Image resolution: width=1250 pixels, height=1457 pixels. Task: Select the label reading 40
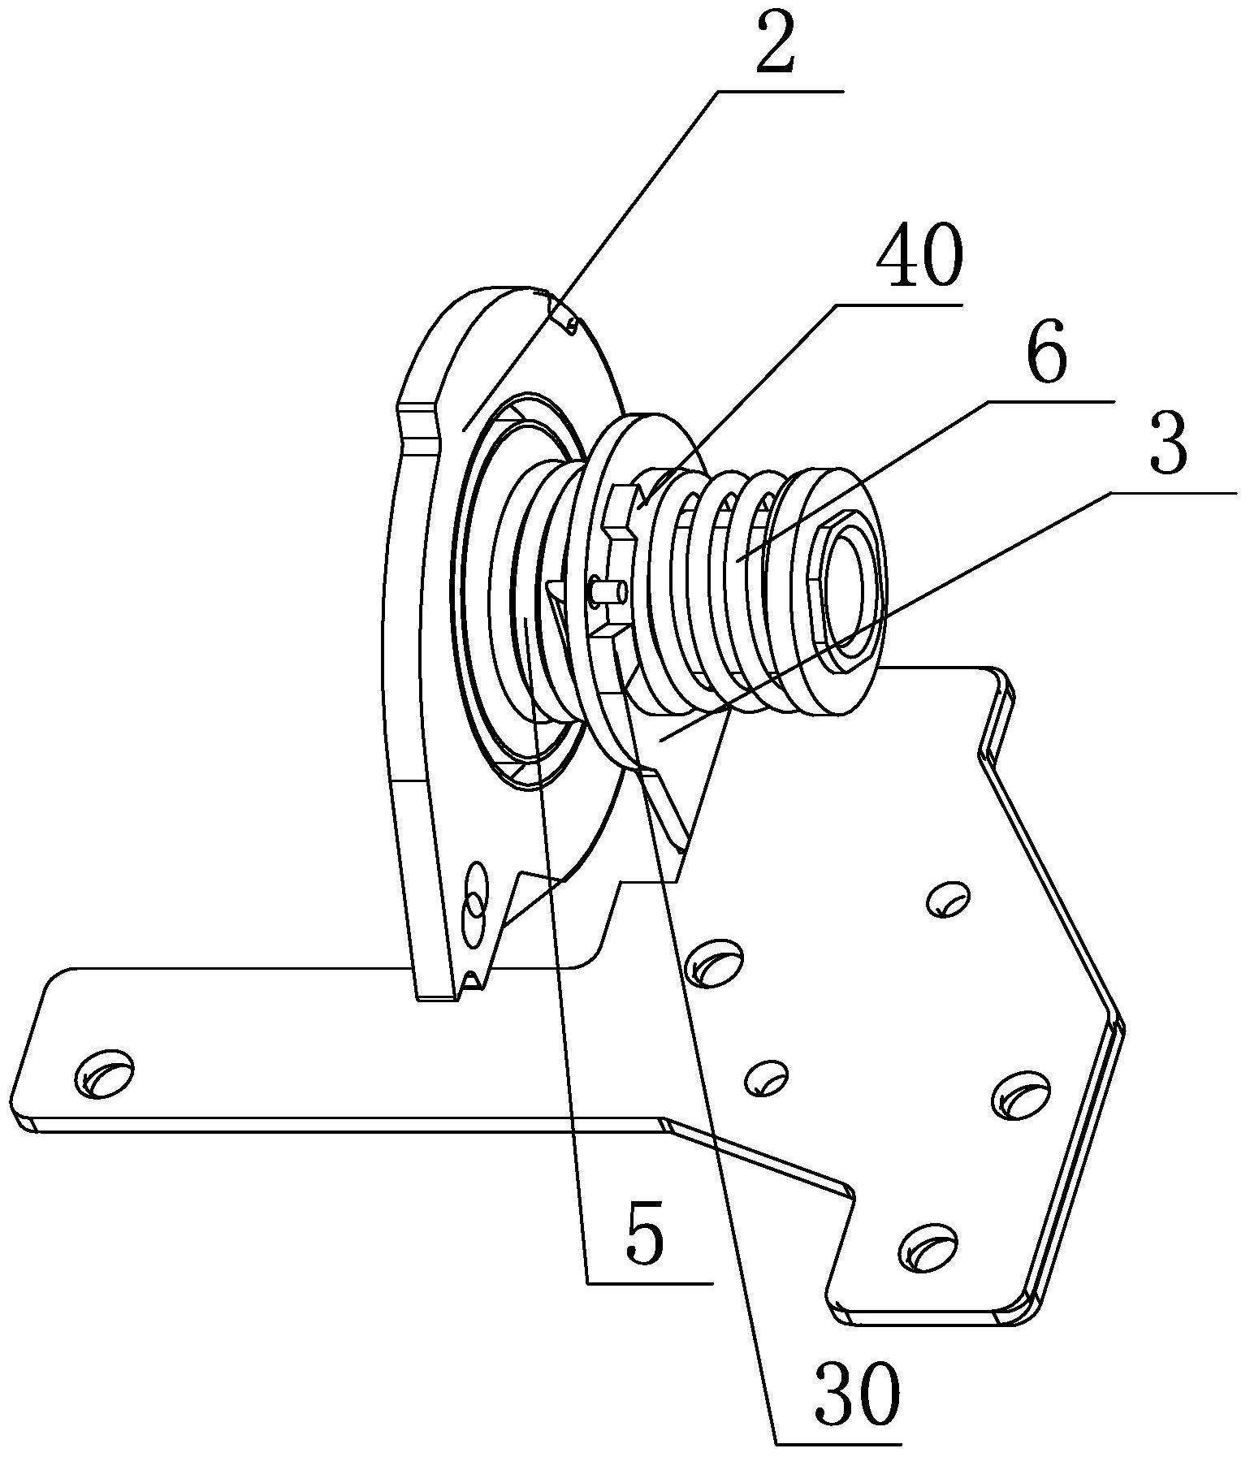919,259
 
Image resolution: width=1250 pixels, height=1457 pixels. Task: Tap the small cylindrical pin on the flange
608,590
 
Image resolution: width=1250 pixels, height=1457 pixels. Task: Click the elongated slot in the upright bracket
474,905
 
